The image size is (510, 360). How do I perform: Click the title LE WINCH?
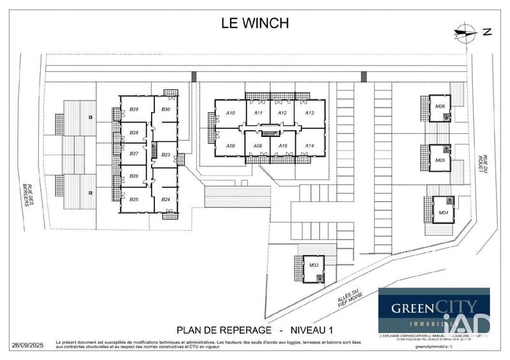pos(254,23)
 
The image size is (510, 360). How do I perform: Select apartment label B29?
pos(134,110)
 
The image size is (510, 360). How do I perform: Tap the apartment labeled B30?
pos(165,110)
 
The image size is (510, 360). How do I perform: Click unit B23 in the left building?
pos(165,154)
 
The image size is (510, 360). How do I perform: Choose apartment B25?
pos(134,199)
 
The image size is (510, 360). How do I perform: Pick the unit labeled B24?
pos(165,199)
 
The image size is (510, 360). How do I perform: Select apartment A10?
pos(231,113)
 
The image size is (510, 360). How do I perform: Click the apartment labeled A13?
pos(309,113)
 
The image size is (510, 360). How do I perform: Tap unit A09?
pos(231,146)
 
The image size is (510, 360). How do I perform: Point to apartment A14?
pos(309,146)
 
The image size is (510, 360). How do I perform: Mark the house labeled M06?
pos(440,106)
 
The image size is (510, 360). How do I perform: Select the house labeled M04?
pos(442,212)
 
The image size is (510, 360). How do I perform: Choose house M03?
pos(313,265)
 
